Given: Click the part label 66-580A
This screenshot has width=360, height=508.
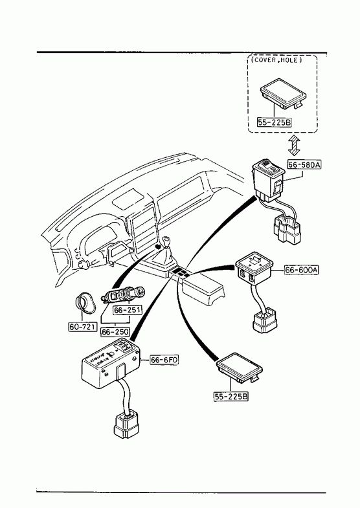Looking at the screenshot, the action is click(304, 164).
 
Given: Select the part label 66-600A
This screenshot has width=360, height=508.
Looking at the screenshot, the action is click(301, 270).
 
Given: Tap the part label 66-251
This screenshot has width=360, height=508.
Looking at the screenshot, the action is click(128, 310).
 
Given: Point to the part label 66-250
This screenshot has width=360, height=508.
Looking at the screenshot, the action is click(115, 332).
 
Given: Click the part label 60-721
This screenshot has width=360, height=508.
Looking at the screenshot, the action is click(83, 327).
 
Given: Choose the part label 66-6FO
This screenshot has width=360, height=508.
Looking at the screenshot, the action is click(164, 360).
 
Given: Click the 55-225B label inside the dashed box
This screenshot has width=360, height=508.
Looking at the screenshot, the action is click(274, 122).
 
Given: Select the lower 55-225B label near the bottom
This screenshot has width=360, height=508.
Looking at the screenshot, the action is click(231, 396).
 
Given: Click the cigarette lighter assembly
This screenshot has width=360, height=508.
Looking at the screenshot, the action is click(123, 294).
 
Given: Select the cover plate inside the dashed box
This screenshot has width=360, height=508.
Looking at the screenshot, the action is click(283, 93).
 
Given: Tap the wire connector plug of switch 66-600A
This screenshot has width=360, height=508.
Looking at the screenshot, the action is click(265, 320).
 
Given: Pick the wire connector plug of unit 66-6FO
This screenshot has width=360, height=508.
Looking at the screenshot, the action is click(126, 425).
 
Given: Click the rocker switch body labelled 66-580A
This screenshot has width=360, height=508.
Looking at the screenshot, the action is click(268, 179).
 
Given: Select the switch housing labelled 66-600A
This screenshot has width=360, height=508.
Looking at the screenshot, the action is click(254, 269).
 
